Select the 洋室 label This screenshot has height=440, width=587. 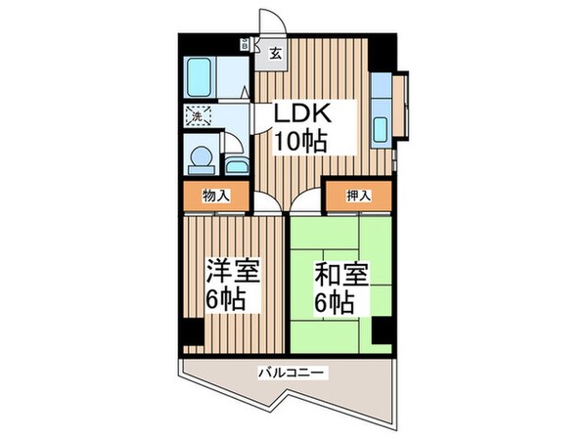pos(225,271)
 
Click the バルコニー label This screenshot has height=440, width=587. pos(291,372)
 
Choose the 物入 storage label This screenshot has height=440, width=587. pos(215,196)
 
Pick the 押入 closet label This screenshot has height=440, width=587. pos(358,196)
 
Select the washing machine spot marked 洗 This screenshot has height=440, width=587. pos(197,114)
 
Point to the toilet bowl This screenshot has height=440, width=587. pos(200,155)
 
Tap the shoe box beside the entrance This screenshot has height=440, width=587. pos(244,43)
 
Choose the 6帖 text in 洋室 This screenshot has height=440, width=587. pos(225,298)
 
